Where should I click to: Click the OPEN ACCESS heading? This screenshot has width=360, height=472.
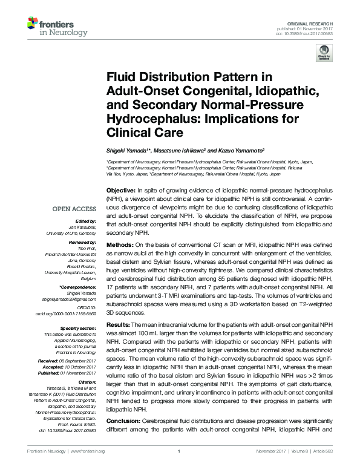74,209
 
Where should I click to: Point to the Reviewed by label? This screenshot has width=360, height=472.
83,240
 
